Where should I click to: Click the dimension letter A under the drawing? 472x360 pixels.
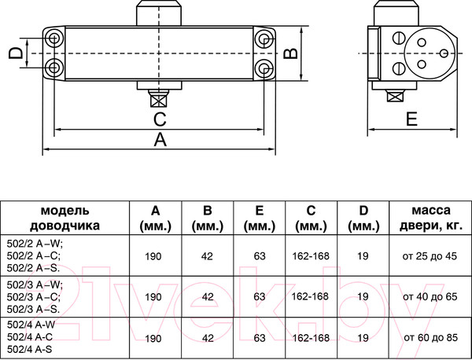tap(160, 140)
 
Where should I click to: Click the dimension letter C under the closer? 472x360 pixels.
tap(160, 119)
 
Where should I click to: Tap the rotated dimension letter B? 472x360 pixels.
tap(291, 53)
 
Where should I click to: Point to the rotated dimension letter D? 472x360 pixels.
tap(16, 53)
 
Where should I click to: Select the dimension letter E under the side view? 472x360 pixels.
tap(411, 119)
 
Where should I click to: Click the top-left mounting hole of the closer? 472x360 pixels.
tap(54, 39)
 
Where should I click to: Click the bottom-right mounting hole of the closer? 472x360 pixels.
tap(264, 68)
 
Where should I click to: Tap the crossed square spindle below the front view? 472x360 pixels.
tap(158, 100)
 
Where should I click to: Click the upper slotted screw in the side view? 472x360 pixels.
tap(399, 39)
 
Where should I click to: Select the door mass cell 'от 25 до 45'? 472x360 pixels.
tap(430, 256)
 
